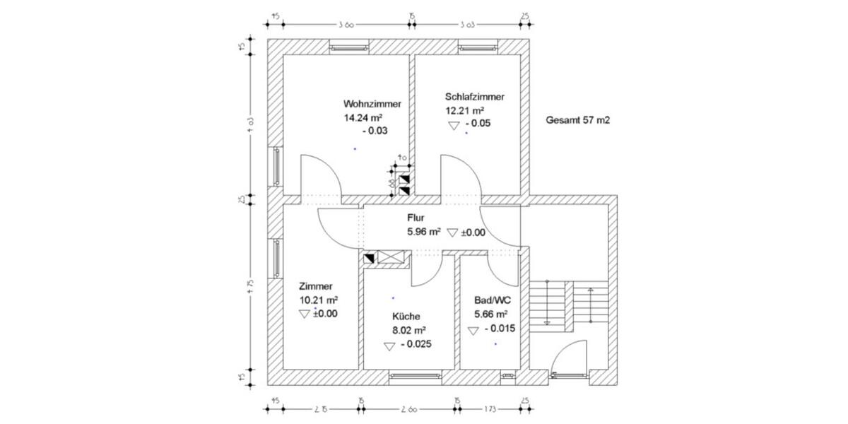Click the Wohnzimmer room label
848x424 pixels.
tap(372, 104)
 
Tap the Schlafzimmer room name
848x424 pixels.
tap(475, 97)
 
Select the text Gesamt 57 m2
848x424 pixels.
tap(577, 120)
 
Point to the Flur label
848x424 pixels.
tap(416, 218)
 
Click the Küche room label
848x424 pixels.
tap(406, 317)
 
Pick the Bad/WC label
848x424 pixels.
tap(492, 301)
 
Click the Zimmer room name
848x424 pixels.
tap(316, 287)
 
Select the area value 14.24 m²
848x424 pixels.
tap(363, 118)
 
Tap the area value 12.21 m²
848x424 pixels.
tap(464, 110)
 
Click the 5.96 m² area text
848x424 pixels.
tap(424, 232)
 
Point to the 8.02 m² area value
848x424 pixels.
tap(409, 330)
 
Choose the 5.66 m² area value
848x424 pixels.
tap(491, 314)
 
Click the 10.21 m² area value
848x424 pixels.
tap(318, 300)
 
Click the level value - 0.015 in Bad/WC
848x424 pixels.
tap(500, 329)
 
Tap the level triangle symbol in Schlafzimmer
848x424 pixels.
tap(453, 125)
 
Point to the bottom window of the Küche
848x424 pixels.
tap(408, 377)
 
